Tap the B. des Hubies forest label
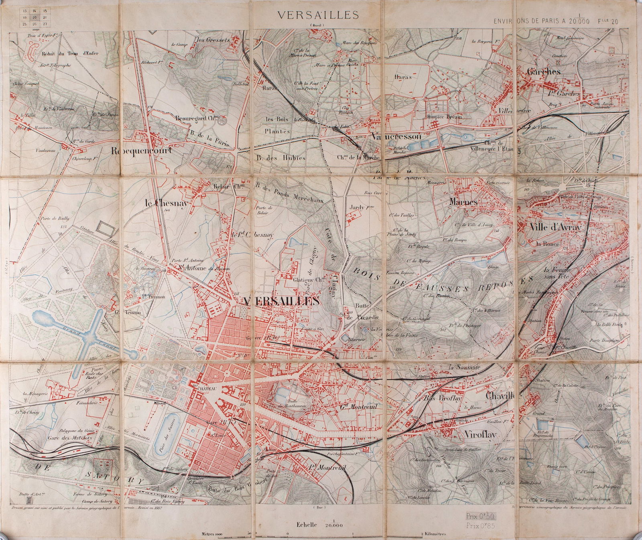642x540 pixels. (x=281, y=157)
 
